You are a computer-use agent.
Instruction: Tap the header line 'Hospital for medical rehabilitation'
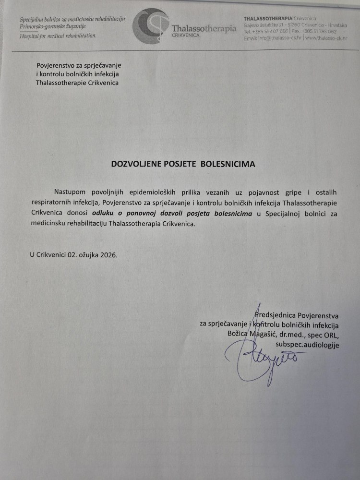point(58,36)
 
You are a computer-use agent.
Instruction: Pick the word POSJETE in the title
point(183,164)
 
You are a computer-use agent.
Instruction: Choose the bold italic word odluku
point(103,212)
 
